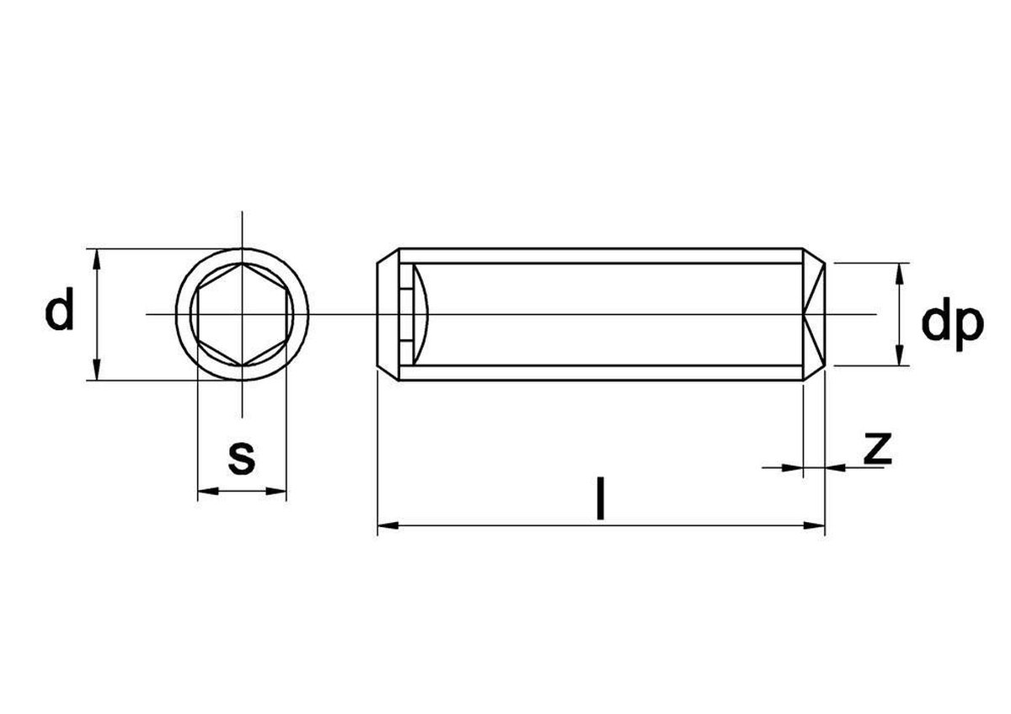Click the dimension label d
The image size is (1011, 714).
pos(59,312)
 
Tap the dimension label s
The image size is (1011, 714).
pos(242,457)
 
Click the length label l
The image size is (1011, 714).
pos(600,498)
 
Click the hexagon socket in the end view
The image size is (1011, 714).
pos(242,314)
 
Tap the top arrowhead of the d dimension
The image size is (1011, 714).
pos(98,256)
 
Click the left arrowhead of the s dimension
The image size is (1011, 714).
pos(204,491)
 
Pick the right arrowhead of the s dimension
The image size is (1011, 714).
pos(280,491)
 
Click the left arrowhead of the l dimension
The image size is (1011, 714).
pos(384,526)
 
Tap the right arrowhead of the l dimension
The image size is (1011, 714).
pos(816,526)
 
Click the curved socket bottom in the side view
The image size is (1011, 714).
pos(426,314)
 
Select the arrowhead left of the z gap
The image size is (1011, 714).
pos(794,466)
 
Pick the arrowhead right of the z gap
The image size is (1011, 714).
pos(833,466)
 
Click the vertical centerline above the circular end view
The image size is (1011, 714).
pos(242,227)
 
